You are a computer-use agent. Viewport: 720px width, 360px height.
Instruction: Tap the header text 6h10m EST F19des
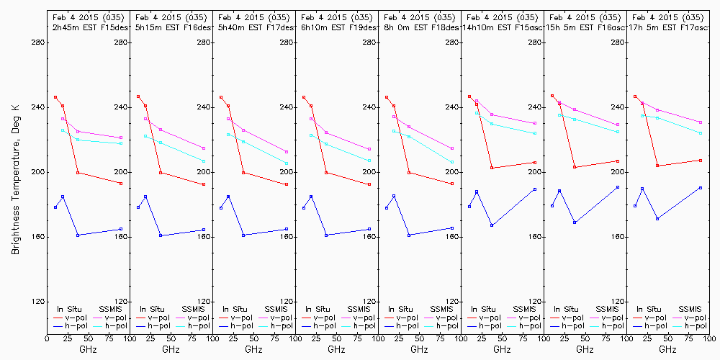[337, 27]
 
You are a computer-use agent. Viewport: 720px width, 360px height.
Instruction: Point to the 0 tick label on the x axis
[47, 336]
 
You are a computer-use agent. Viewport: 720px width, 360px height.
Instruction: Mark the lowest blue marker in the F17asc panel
[657, 218]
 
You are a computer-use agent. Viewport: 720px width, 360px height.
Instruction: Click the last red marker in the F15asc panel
[535, 162]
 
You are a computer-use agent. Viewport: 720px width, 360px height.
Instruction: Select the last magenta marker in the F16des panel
[204, 148]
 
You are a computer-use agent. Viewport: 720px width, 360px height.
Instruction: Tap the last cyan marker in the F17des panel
[287, 163]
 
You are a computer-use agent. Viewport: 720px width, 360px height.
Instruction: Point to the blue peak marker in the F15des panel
[63, 197]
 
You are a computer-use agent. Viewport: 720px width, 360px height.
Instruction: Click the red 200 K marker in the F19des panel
[326, 173]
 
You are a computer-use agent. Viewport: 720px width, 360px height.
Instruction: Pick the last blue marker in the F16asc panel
[618, 187]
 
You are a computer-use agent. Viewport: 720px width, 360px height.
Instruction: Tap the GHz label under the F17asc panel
[667, 349]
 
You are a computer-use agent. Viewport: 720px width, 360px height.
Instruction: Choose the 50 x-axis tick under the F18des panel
[419, 336]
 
